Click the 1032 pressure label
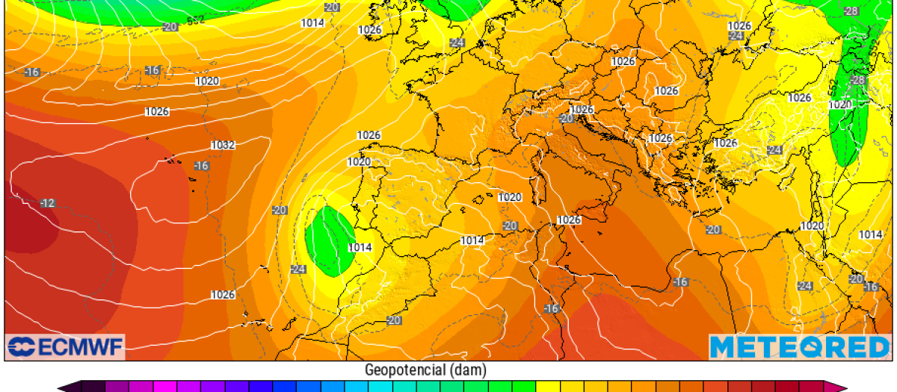click(x=223, y=145)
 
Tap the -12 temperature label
click(x=48, y=203)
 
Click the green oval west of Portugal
click(x=329, y=239)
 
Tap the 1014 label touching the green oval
click(x=360, y=247)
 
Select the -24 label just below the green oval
click(x=299, y=269)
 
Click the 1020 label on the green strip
click(x=840, y=105)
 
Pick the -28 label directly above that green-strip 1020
click(x=857, y=80)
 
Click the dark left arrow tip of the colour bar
click(x=64, y=387)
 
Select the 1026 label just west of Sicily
click(x=569, y=220)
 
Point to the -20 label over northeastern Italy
click(x=566, y=119)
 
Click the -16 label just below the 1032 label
click(x=201, y=165)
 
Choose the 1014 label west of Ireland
click(x=312, y=22)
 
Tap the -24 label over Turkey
click(x=775, y=150)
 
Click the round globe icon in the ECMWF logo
click(x=20, y=347)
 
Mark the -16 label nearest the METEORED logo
click(x=871, y=287)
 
